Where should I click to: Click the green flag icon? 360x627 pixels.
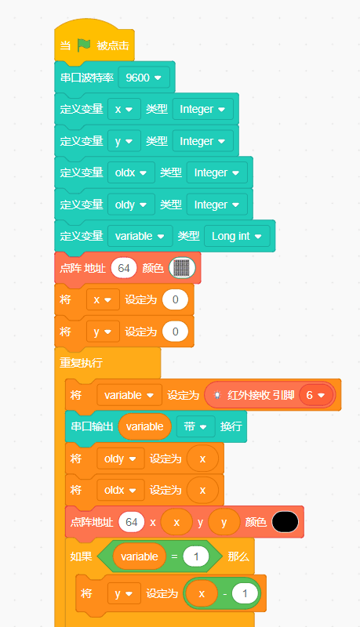point(84,45)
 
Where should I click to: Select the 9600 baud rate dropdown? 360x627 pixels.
point(144,77)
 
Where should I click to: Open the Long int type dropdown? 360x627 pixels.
point(237,236)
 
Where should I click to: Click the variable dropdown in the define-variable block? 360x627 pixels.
point(140,236)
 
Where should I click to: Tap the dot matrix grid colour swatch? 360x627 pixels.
point(182,267)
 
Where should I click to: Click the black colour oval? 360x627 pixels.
point(285,522)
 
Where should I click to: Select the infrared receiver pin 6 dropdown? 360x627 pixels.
point(315,395)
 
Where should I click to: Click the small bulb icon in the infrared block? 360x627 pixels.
point(217,395)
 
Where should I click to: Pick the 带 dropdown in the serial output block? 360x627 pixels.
point(195,426)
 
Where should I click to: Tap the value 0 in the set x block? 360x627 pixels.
point(175,299)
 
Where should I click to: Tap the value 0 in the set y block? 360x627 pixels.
point(175,332)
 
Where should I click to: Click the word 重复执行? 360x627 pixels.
point(82,363)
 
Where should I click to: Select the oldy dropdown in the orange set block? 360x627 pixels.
point(121,458)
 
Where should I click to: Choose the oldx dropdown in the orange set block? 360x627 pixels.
point(121,490)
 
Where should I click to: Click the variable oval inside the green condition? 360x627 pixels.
point(139,556)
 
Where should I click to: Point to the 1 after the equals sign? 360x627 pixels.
point(196,556)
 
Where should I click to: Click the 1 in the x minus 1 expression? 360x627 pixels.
point(245,593)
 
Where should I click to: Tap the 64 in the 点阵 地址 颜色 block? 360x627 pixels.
point(124,267)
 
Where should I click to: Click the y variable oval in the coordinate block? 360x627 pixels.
point(224,522)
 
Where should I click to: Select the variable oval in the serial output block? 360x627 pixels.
point(145,426)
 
